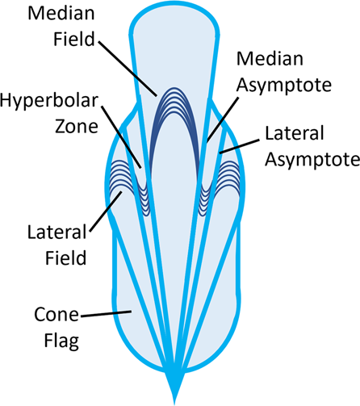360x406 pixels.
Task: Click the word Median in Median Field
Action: tap(58, 15)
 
